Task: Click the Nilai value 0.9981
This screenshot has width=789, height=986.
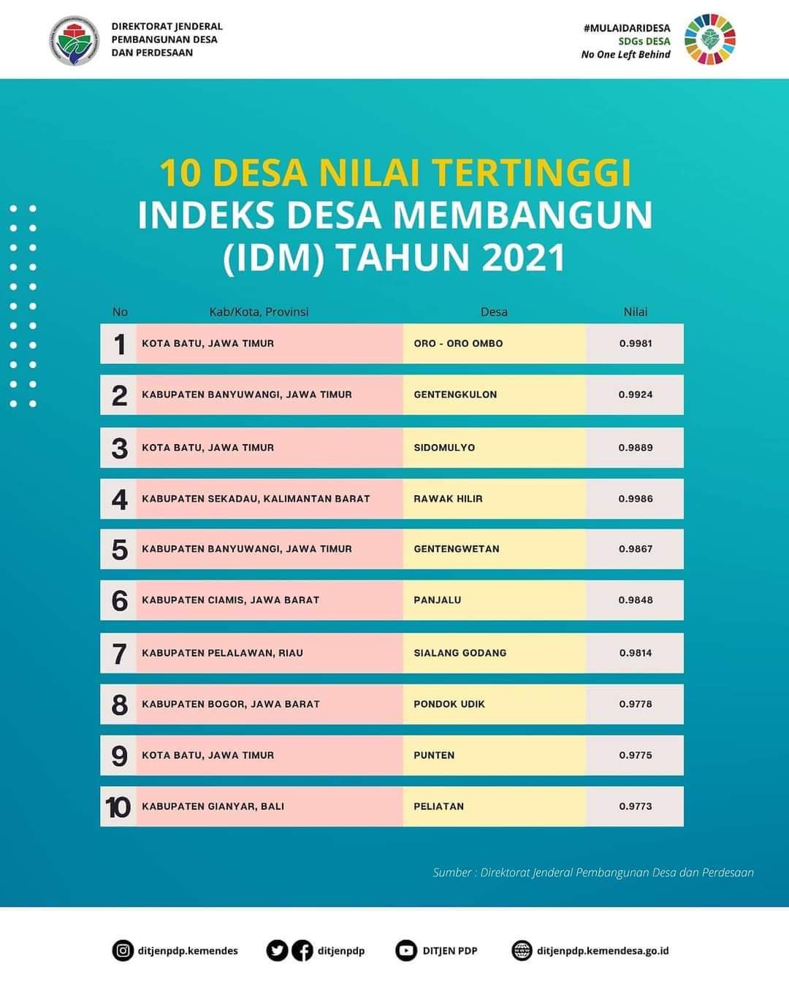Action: pos(635,343)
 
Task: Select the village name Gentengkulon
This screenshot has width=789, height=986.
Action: pos(455,394)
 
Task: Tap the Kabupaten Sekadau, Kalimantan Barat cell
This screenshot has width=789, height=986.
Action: pos(256,499)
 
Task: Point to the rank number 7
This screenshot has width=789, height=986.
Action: pos(119,654)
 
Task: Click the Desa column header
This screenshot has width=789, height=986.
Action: pos(494,312)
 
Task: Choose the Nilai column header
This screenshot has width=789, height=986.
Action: pos(635,312)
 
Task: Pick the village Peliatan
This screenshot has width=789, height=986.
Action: pos(438,806)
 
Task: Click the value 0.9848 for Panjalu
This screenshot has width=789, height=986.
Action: pos(635,600)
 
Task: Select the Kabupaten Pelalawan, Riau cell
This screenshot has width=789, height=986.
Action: pos(222,653)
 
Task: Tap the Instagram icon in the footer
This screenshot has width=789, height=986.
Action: pos(123,950)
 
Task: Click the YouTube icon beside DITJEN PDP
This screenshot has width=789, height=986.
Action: pos(406,950)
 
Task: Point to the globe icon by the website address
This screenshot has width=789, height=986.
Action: pos(522,950)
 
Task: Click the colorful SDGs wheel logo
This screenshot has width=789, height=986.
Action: pos(709,39)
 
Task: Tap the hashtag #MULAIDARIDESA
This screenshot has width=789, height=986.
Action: pos(627,28)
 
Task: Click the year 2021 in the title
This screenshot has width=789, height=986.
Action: pos(524,258)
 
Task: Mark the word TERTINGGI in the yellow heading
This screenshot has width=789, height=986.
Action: pos(531,173)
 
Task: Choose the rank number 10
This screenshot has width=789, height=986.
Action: pos(118,807)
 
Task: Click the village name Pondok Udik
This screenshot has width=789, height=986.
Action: pos(449,704)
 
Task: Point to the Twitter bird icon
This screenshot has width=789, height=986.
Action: pos(276,950)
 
